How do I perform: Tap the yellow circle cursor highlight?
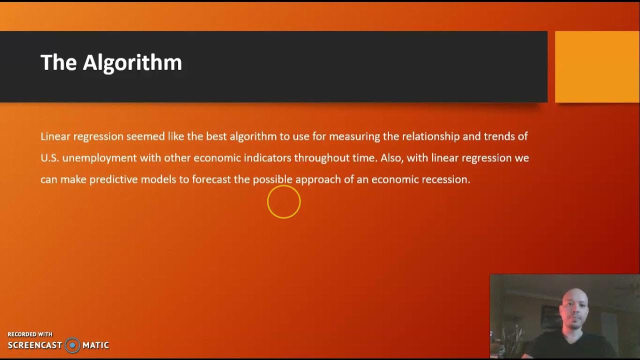(x=283, y=202)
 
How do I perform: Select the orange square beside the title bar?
(x=597, y=66)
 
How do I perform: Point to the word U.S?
(x=49, y=158)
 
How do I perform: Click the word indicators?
(x=267, y=158)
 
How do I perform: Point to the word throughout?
(x=318, y=158)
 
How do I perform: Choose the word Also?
(x=391, y=158)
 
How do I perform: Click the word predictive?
(x=113, y=179)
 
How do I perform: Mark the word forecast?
(x=211, y=179)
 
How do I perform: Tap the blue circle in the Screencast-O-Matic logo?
(x=72, y=345)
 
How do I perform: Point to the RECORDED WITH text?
(x=30, y=334)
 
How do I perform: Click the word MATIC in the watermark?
(x=95, y=345)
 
